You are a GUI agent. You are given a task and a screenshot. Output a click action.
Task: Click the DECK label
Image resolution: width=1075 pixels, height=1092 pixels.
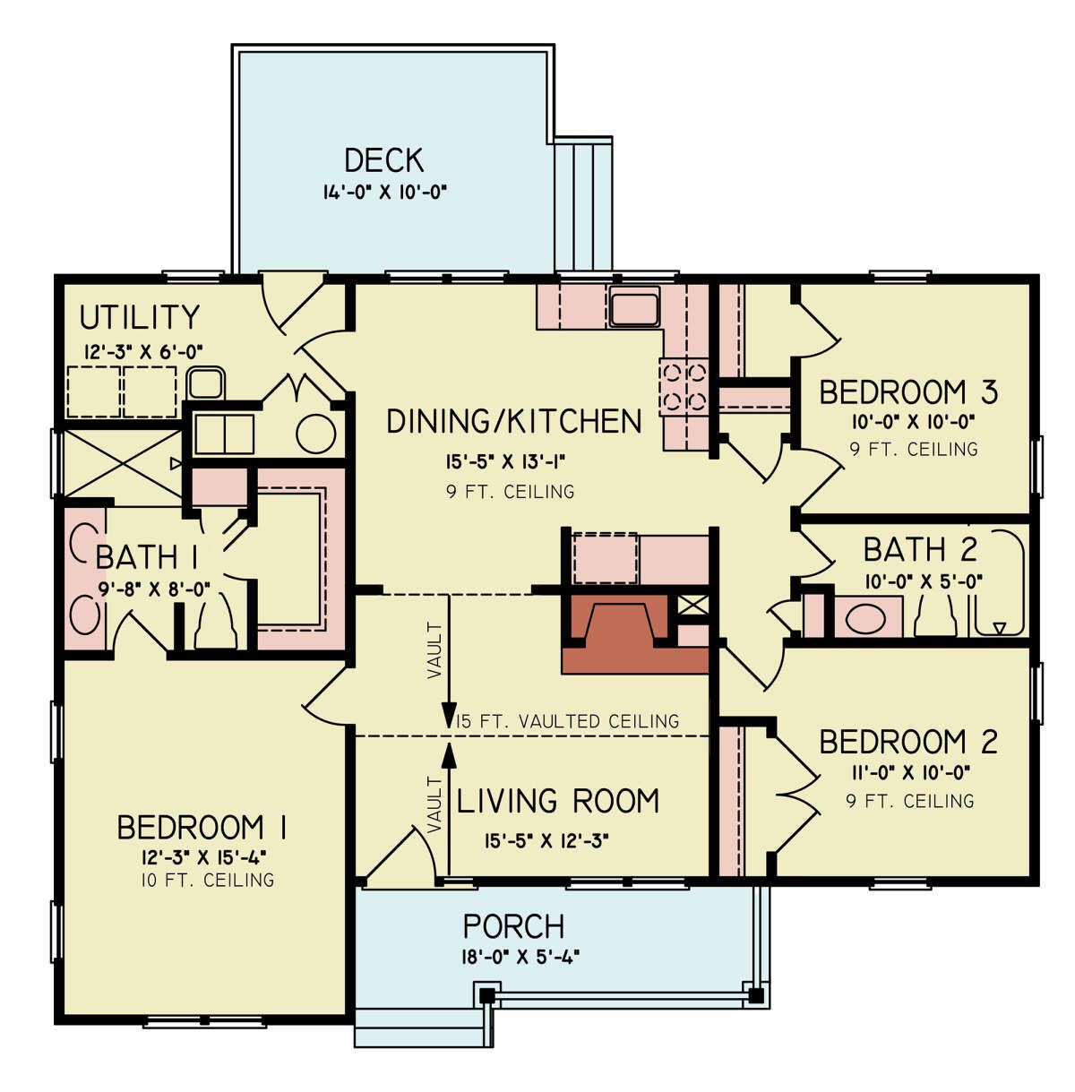point(383,160)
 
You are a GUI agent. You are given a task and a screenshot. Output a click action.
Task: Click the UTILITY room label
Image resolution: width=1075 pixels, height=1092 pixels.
point(139,317)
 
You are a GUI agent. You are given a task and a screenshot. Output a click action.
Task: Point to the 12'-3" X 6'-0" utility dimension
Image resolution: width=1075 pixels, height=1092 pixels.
point(143,352)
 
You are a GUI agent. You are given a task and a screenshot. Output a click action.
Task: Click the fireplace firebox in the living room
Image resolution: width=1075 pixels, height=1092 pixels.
point(620,623)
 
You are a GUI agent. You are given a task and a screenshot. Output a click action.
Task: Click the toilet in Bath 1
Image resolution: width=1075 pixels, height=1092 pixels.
point(216,623)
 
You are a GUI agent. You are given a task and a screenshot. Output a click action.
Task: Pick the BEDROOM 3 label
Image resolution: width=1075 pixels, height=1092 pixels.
point(907,392)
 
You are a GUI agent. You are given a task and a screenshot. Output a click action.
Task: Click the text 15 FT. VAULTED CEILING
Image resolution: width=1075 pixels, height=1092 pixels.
point(568,721)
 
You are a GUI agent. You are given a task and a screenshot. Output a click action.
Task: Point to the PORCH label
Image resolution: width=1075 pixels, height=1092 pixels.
point(513,926)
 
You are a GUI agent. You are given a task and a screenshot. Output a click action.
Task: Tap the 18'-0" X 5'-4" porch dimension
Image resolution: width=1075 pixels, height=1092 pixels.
point(520,957)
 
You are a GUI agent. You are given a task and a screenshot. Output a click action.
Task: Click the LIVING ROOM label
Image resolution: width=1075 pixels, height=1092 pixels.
point(557,800)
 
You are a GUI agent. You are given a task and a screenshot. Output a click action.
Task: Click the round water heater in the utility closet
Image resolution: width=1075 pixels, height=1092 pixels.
point(315,434)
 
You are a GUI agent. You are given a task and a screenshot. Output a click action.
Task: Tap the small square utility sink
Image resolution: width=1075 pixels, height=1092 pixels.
point(206,383)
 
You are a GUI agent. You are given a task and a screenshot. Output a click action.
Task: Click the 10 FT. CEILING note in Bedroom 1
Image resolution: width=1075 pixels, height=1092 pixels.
point(207,880)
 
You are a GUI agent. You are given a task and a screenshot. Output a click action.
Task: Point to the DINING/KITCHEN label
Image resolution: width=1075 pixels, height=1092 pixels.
point(514,421)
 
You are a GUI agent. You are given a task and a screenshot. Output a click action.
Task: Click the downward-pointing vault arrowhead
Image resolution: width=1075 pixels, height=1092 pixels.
point(449,715)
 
